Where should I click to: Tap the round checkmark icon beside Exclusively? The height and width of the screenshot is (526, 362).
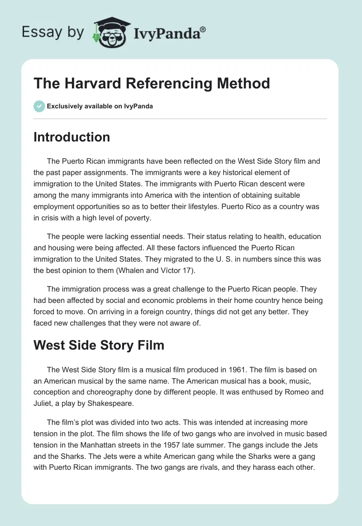coord(39,106)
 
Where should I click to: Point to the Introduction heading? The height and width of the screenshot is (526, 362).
coord(71,137)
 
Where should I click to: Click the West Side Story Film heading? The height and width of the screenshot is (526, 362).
coord(99,345)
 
